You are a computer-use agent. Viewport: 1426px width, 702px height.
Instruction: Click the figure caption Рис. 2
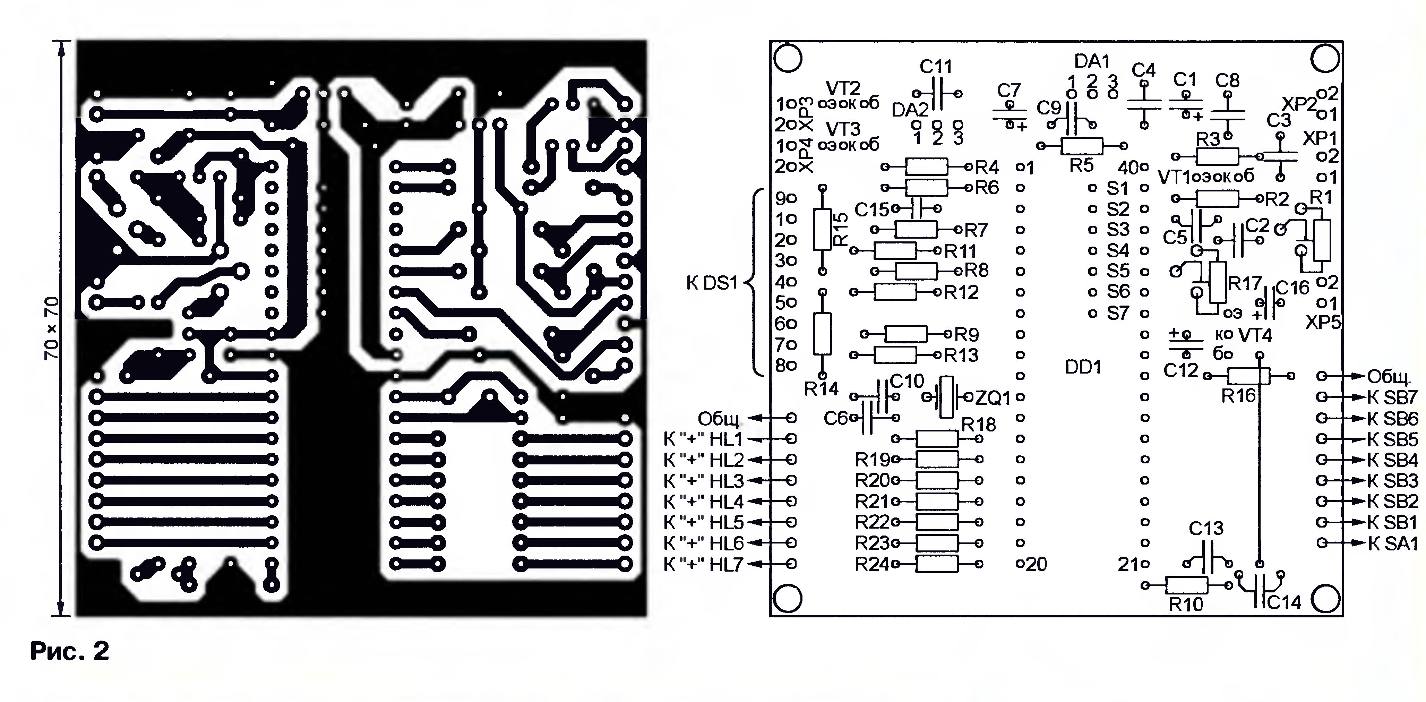pyautogui.click(x=70, y=651)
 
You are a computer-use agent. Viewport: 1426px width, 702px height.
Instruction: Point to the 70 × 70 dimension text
pyautogui.click(x=51, y=328)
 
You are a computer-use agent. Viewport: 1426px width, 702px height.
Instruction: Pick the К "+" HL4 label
pyautogui.click(x=703, y=502)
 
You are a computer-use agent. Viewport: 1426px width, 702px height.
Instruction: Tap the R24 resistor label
pyautogui.click(x=872, y=564)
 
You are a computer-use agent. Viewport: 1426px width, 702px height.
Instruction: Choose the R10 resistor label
pyautogui.click(x=1186, y=605)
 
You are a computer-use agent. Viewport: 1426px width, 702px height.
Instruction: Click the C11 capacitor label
pyautogui.click(x=936, y=67)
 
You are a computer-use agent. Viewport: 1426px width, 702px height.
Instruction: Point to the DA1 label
pyautogui.click(x=1092, y=61)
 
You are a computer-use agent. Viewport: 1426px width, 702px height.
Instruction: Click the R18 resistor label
pyautogui.click(x=978, y=425)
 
